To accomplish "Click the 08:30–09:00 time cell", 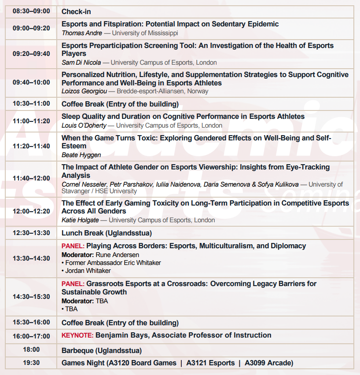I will (31, 11).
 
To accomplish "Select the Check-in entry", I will (76, 11).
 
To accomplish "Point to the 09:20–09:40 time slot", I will (31, 54).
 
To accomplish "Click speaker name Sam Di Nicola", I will (81, 62).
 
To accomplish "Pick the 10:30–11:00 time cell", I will (31, 104).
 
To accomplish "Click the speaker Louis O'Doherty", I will (84, 125).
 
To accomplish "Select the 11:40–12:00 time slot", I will (31, 178).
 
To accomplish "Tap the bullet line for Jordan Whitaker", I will (87, 271).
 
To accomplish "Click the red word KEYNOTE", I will (77, 335).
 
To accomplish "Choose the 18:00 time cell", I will (31, 350).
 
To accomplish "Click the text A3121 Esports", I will (210, 363).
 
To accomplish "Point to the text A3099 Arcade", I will (269, 363).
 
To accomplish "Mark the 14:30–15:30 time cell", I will (31, 297).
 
